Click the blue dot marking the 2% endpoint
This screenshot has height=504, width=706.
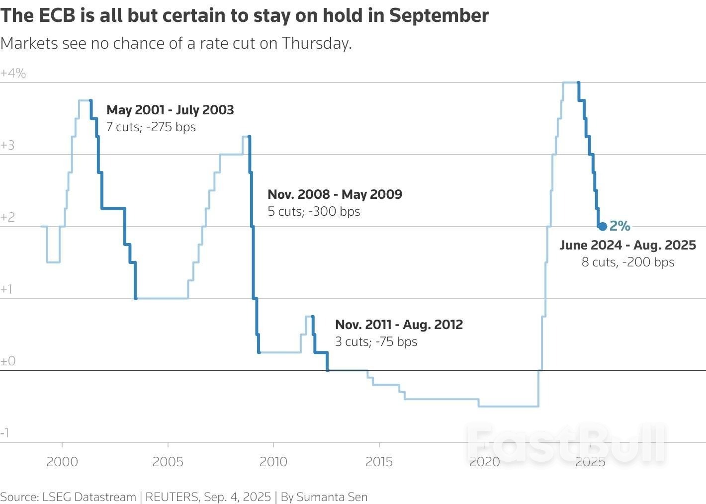point(603,227)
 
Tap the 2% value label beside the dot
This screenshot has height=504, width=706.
point(620,226)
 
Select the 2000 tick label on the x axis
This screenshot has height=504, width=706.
point(62,462)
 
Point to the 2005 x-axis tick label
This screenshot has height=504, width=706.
point(168,462)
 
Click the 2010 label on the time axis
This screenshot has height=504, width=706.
point(273,462)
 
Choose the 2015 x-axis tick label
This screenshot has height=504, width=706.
point(379,462)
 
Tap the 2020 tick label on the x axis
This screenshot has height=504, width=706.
point(485,462)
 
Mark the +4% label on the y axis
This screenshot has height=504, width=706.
point(13,74)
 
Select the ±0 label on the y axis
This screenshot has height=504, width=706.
point(8,361)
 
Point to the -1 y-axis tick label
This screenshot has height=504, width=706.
point(5,433)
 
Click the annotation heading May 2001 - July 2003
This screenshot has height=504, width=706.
point(170,110)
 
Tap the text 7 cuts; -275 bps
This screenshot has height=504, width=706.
point(151,127)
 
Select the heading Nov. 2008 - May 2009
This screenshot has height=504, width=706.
point(335,194)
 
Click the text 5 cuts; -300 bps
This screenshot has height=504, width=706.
point(314,212)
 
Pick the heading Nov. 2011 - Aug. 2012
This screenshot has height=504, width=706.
point(399,325)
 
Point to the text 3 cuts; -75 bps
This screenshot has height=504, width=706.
point(376,342)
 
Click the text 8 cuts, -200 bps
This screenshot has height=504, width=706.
point(628,262)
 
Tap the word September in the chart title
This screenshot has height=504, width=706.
point(439,16)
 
